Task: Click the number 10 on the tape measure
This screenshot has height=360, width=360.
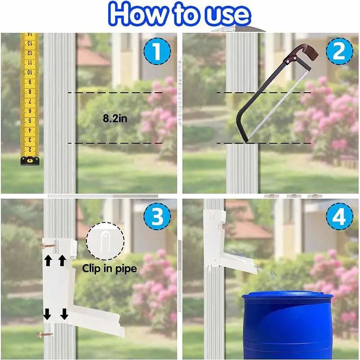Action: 30,72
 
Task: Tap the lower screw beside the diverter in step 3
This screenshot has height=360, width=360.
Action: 45,335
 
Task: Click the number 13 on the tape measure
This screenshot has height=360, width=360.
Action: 30,44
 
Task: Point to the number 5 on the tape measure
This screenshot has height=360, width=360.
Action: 30,121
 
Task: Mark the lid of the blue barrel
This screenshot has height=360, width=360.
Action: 288,297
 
